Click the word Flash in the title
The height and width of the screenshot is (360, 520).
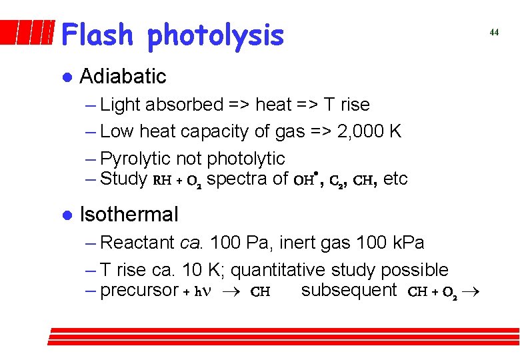click(99, 35)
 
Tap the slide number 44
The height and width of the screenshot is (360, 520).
click(494, 32)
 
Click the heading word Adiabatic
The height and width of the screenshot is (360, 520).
click(123, 77)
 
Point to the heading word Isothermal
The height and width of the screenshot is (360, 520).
click(129, 215)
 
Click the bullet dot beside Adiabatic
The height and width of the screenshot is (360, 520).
click(65, 77)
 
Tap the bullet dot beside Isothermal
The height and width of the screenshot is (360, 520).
click(65, 215)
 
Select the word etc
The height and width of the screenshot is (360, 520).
click(396, 179)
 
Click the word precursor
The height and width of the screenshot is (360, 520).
click(139, 291)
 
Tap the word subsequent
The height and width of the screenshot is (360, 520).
click(349, 290)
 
